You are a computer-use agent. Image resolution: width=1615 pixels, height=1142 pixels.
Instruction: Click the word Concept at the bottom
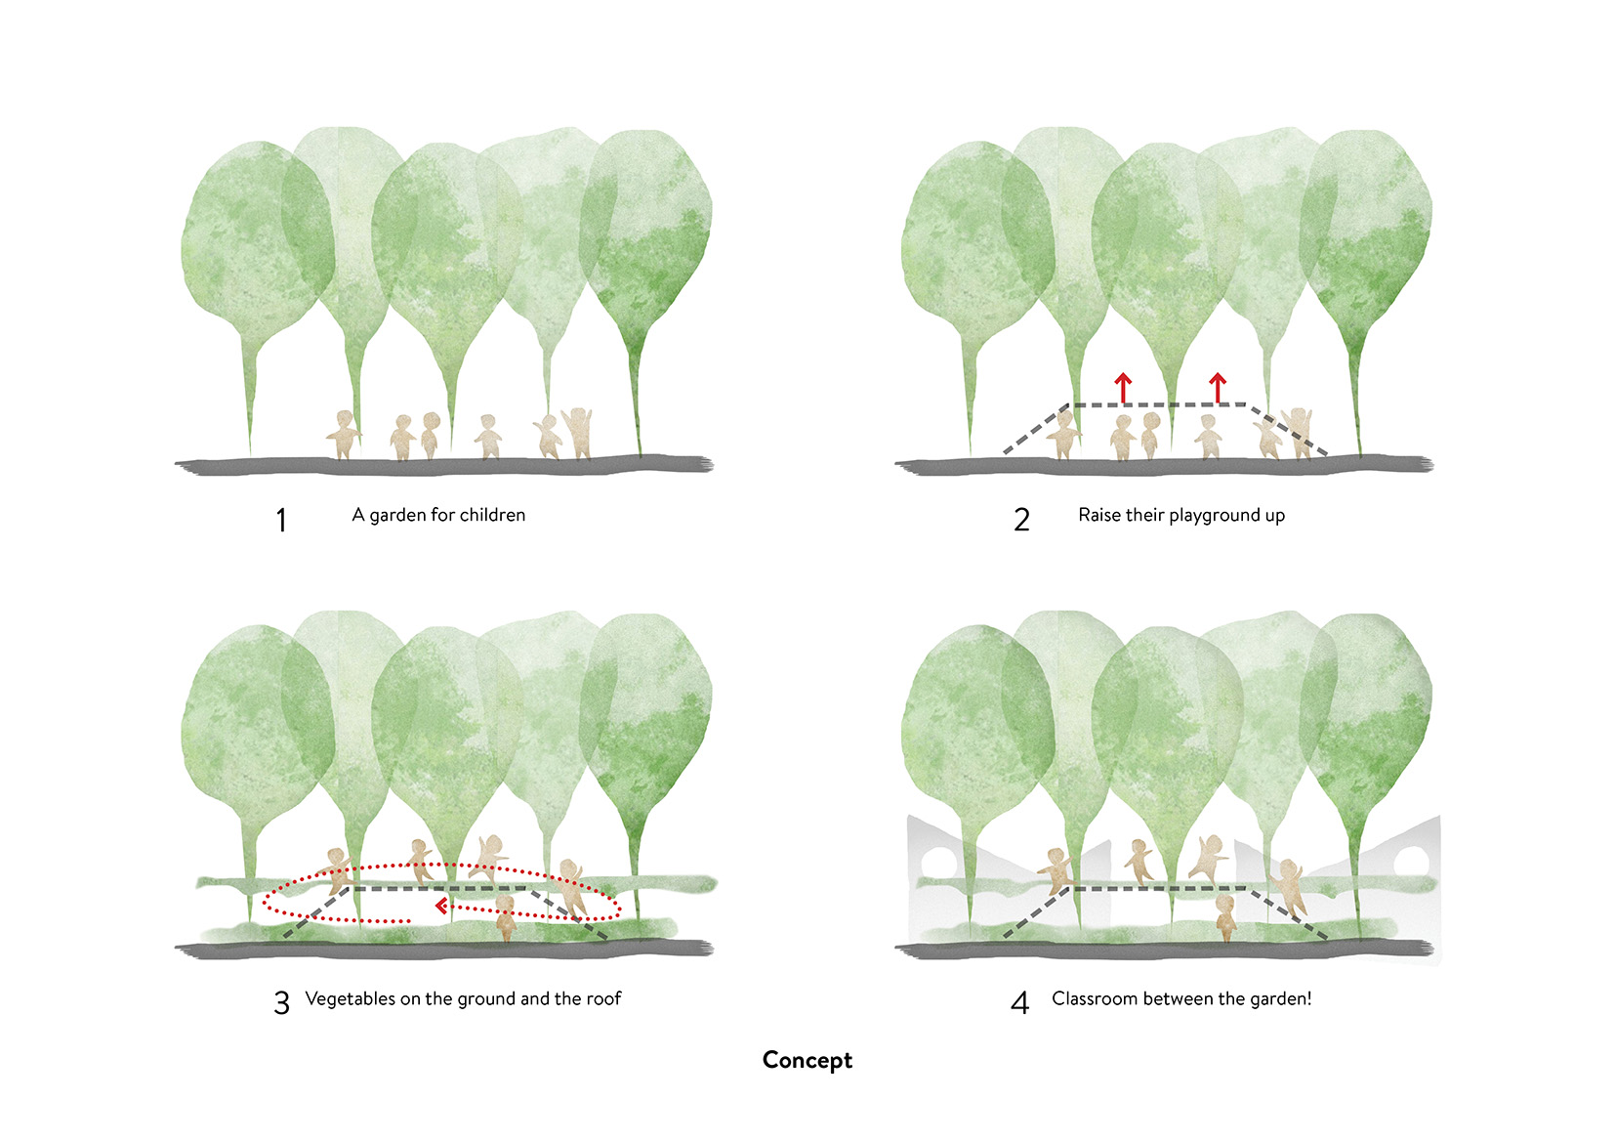coord(807,1060)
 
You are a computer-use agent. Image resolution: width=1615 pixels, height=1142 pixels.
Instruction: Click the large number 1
coord(281,520)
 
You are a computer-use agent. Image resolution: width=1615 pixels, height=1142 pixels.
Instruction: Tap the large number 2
coord(1021,520)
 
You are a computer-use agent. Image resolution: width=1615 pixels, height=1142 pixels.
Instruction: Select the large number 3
coord(281,1003)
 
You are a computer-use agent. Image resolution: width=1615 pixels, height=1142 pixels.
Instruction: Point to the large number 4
coord(1019,1003)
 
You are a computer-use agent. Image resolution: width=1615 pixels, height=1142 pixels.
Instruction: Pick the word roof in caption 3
coord(603,998)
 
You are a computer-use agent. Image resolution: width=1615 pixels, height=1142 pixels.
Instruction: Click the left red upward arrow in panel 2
coord(1124,387)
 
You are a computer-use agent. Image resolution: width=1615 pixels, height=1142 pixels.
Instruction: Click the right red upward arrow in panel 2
coord(1218,387)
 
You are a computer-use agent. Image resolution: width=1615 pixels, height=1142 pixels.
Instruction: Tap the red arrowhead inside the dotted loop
coord(441,907)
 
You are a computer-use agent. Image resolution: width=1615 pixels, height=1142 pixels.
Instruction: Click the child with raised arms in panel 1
coord(579,432)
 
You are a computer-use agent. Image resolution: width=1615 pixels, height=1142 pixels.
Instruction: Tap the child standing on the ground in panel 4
coord(1225,918)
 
